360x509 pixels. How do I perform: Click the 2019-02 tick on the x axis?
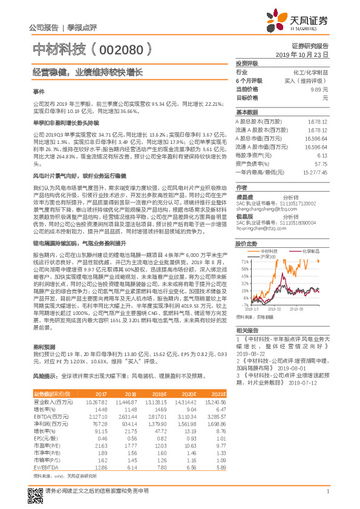pos(282,306)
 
